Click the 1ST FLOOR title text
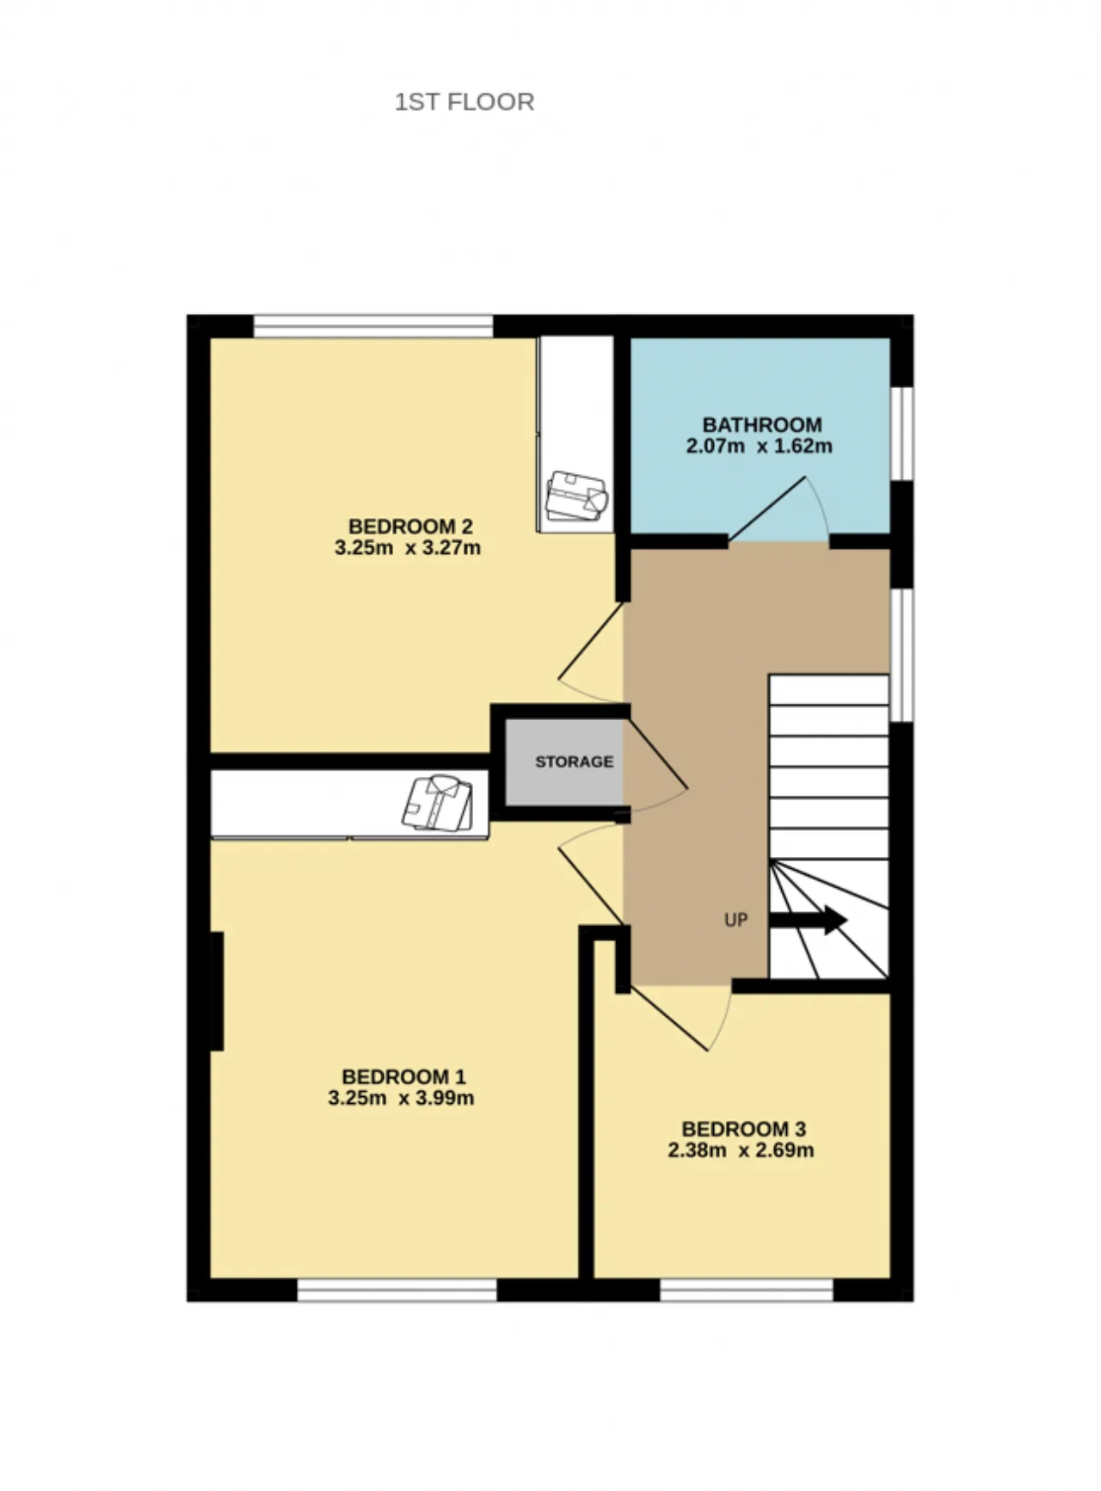click(464, 102)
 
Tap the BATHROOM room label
click(762, 425)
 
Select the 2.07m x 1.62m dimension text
click(760, 447)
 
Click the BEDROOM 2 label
click(410, 527)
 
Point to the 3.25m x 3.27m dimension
click(408, 548)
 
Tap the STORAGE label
click(575, 761)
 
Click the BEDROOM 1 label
click(403, 1077)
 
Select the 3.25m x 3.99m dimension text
click(401, 1099)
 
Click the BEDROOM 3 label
click(744, 1129)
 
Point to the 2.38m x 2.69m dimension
click(741, 1150)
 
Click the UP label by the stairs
click(735, 920)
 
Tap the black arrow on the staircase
click(808, 920)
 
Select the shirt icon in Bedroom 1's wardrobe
click(438, 803)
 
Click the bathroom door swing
click(778, 511)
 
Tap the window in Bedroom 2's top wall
click(373, 326)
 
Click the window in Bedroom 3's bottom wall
click(747, 1290)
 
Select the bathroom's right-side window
click(901, 433)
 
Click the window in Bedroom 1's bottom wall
click(397, 1290)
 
